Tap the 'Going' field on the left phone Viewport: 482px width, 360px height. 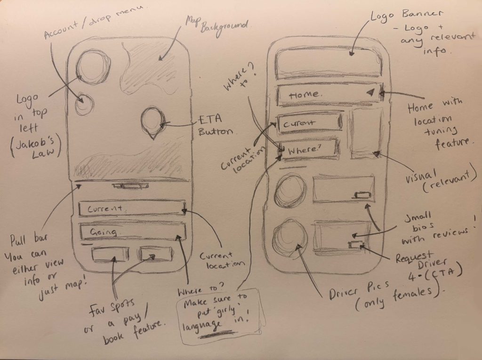[x=132, y=232]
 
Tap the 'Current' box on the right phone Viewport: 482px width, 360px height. [x=309, y=123]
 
